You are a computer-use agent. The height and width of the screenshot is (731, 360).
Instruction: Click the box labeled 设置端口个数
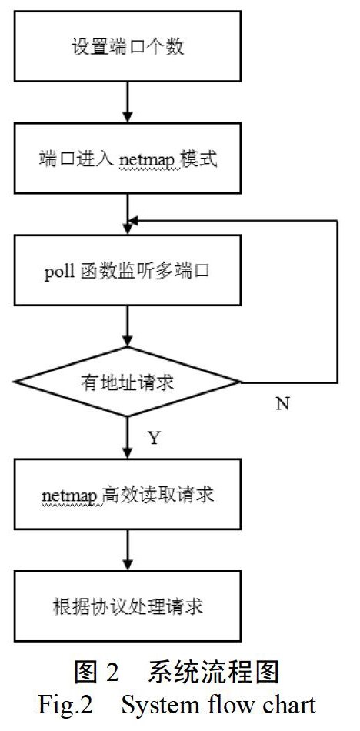(127, 46)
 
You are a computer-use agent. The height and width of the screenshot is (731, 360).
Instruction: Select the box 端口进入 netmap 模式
(127, 158)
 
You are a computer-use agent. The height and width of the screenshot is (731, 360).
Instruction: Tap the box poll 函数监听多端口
(127, 270)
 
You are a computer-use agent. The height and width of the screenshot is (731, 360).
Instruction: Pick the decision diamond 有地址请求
(127, 382)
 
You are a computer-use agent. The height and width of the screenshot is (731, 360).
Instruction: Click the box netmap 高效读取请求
(127, 494)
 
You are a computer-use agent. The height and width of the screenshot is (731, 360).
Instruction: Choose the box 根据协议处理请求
(127, 606)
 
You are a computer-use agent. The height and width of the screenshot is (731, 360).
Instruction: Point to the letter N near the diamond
(282, 404)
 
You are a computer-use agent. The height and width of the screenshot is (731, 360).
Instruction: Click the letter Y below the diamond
(154, 438)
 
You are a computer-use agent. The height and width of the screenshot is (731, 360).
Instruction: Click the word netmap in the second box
(149, 161)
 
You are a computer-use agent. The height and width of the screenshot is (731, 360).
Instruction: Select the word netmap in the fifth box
(72, 496)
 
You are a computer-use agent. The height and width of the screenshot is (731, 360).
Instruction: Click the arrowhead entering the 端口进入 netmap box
(127, 117)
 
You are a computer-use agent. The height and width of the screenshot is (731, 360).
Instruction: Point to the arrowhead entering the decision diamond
(127, 341)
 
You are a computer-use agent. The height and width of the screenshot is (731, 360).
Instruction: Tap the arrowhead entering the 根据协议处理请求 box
(127, 565)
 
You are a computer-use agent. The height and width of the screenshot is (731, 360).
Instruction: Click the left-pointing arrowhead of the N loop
(133, 221)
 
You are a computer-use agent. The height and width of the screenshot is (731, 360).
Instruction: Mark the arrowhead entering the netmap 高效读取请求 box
(127, 452)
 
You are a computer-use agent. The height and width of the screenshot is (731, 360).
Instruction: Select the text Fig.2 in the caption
(65, 705)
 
